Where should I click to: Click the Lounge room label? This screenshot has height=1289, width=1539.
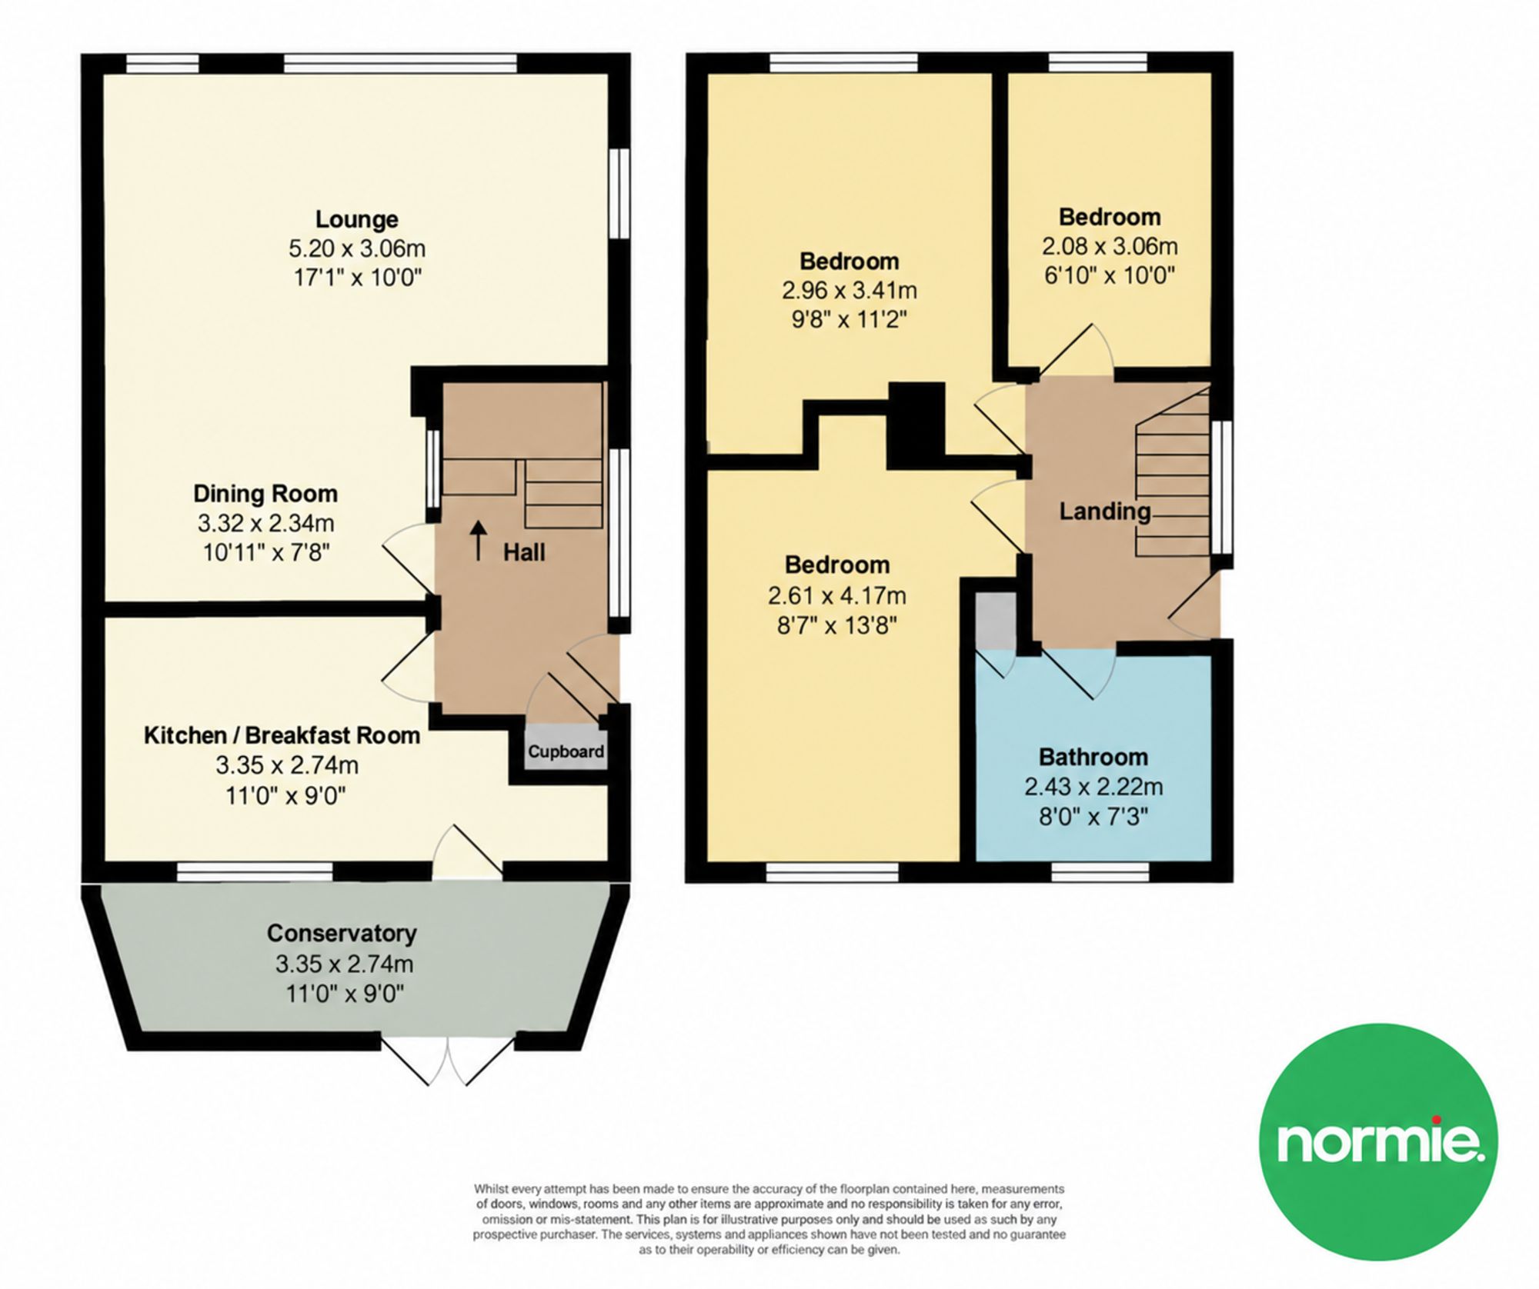(x=357, y=219)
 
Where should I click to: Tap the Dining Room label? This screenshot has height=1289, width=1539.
(x=265, y=493)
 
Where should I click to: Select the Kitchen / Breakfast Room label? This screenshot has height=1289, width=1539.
(x=282, y=735)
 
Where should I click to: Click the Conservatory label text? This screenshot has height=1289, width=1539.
(x=342, y=933)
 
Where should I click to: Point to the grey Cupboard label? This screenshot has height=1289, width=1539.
(x=566, y=751)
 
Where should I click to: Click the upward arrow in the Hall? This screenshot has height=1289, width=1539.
(x=479, y=540)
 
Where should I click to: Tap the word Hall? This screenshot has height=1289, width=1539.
(x=524, y=551)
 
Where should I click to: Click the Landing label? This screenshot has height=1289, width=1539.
(x=1105, y=511)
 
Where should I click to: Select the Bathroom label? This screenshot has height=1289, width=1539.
(x=1093, y=757)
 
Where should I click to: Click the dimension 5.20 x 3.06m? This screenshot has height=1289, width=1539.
(x=357, y=248)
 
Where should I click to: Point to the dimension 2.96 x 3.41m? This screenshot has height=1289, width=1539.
(x=850, y=291)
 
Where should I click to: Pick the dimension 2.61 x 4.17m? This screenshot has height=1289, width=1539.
(x=837, y=595)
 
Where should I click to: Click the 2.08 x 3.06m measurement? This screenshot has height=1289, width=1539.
(x=1110, y=246)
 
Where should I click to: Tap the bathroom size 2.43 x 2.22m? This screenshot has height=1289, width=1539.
(x=1093, y=787)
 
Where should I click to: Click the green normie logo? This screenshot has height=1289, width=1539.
(x=1378, y=1141)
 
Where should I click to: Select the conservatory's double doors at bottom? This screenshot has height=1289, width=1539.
(x=448, y=1061)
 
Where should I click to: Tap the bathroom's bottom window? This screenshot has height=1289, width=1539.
(x=1100, y=871)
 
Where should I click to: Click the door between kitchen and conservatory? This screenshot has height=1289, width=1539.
(x=467, y=852)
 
